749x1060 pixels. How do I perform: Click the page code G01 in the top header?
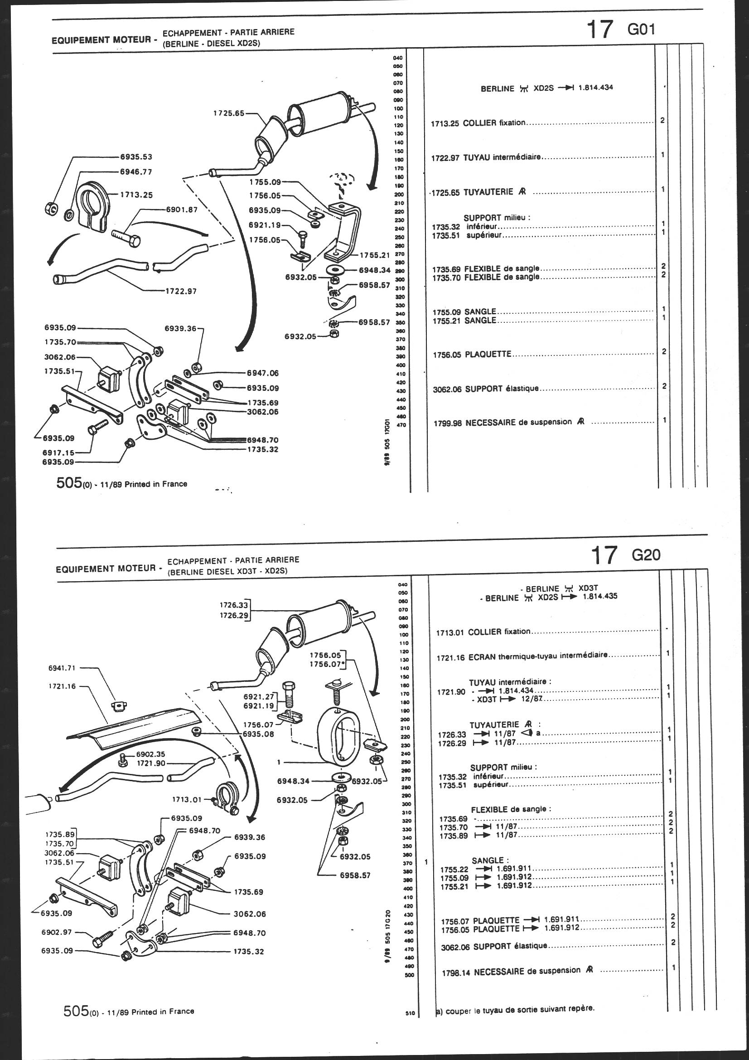(x=641, y=29)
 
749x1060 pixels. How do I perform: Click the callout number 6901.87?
(x=181, y=209)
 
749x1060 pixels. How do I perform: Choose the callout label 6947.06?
(x=263, y=373)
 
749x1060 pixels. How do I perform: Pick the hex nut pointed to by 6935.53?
(x=51, y=209)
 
